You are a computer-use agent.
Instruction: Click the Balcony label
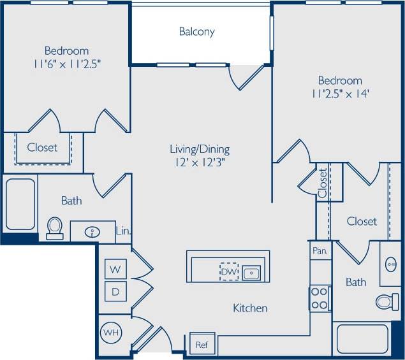click(x=196, y=31)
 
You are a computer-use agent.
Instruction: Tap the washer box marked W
click(x=115, y=269)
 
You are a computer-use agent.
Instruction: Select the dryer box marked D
click(x=115, y=291)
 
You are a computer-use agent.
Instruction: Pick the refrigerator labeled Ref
click(x=202, y=345)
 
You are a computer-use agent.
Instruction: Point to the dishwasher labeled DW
click(x=228, y=271)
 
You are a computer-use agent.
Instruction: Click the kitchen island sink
click(x=251, y=272)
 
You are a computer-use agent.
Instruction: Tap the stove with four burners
click(x=320, y=298)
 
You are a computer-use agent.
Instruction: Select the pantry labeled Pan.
click(x=320, y=251)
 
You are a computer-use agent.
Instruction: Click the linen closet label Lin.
click(x=123, y=231)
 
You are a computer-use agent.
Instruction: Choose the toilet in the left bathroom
click(x=55, y=227)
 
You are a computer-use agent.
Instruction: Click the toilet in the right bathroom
click(x=387, y=301)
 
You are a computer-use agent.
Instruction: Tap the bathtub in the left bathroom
click(x=20, y=204)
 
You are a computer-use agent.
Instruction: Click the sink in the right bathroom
click(x=390, y=263)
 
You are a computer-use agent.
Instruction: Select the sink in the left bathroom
click(x=92, y=231)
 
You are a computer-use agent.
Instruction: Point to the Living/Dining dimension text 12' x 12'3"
click(x=199, y=162)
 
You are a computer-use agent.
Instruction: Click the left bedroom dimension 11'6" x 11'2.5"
click(x=66, y=63)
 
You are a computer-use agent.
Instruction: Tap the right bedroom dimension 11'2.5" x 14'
click(x=340, y=93)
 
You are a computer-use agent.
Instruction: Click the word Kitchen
click(x=250, y=308)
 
